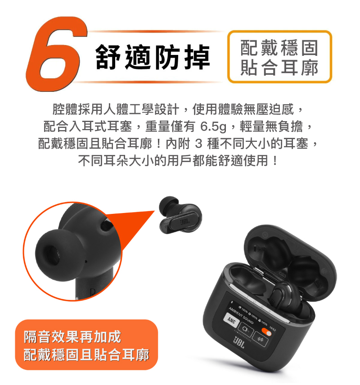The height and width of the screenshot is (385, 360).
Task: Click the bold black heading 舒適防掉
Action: [x=153, y=57]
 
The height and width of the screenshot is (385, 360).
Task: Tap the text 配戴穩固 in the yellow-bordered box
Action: [x=279, y=48]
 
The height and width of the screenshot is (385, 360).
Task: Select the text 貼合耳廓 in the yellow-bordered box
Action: [x=279, y=67]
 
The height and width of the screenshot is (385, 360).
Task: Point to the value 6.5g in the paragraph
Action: [x=213, y=127]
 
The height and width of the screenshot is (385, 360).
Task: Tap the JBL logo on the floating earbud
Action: [x=185, y=222]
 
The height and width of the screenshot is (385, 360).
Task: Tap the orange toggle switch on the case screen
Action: [x=266, y=332]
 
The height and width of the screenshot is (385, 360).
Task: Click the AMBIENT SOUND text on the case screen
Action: [x=241, y=315]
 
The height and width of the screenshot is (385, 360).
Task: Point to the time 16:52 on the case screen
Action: [x=273, y=328]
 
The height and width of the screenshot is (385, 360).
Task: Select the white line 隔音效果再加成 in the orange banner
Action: [x=72, y=337]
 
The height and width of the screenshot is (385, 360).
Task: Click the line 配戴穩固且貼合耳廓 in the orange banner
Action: [x=86, y=355]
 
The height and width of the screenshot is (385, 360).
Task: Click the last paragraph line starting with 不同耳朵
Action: [x=178, y=161]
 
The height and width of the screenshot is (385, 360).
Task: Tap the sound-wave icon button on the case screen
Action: [x=260, y=339]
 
